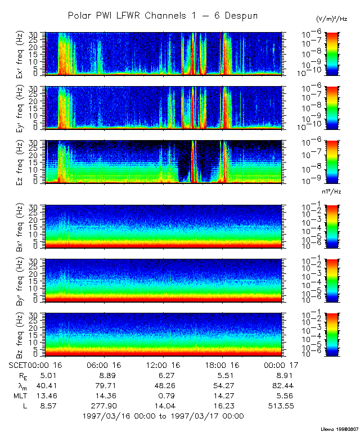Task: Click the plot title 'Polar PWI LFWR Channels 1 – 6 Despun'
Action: pos(163,15)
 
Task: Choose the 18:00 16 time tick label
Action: pos(224,365)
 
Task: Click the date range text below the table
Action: pos(163,416)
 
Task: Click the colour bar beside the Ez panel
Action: pos(332,162)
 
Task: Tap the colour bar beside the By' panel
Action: pos(332,280)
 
